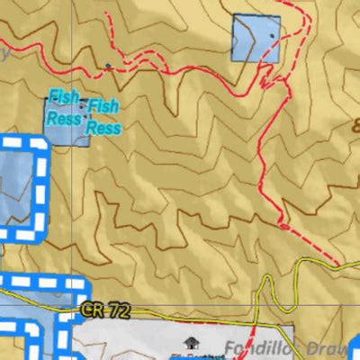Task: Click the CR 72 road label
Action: [x=104, y=310]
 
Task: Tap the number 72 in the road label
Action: [x=115, y=310]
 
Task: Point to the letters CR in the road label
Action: [x=92, y=310]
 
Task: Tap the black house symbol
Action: [x=190, y=343]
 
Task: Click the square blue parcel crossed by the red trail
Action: [x=256, y=39]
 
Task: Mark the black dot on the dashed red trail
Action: [x=108, y=66]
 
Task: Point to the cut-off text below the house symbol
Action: [x=190, y=356]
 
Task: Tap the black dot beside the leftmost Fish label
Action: [x=47, y=94]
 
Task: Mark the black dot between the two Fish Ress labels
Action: [x=83, y=106]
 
